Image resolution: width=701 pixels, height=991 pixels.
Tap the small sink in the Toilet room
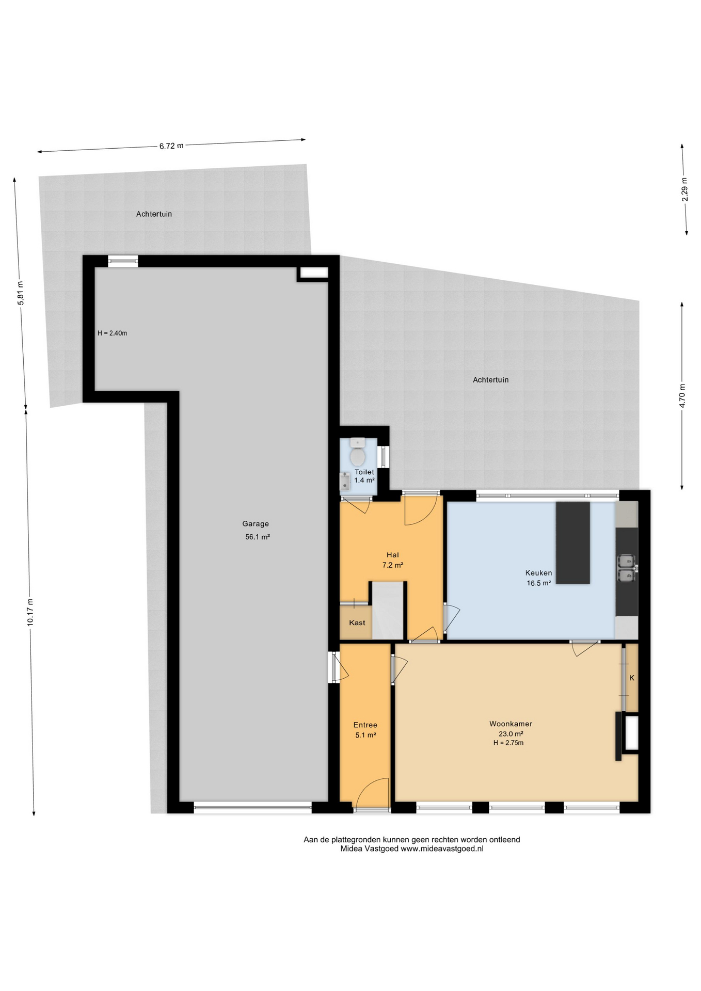click(x=344, y=482)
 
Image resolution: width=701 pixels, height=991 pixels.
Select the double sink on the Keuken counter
click(x=626, y=568)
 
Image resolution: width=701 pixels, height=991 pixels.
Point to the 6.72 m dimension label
click(x=171, y=146)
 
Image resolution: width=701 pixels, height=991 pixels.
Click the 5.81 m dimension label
click(x=21, y=293)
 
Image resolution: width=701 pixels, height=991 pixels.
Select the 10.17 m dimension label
click(x=30, y=612)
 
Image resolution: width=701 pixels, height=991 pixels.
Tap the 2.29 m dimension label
click(x=684, y=189)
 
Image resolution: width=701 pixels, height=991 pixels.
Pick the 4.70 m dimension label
click(x=682, y=395)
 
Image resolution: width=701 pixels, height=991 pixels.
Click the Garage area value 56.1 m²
click(x=258, y=537)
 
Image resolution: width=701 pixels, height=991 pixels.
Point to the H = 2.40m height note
click(x=113, y=333)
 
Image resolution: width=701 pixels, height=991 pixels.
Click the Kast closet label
click(x=357, y=623)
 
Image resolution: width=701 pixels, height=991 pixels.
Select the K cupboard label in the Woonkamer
click(x=632, y=678)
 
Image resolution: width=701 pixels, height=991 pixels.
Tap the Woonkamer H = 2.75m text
click(x=508, y=743)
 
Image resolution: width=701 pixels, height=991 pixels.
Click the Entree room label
click(x=365, y=725)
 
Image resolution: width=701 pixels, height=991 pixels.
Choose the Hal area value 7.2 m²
click(x=392, y=565)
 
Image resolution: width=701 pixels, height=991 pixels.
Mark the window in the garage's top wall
click(x=123, y=261)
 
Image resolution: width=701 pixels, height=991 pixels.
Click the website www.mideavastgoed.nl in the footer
click(x=442, y=849)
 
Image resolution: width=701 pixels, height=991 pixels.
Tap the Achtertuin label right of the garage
click(x=490, y=380)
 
